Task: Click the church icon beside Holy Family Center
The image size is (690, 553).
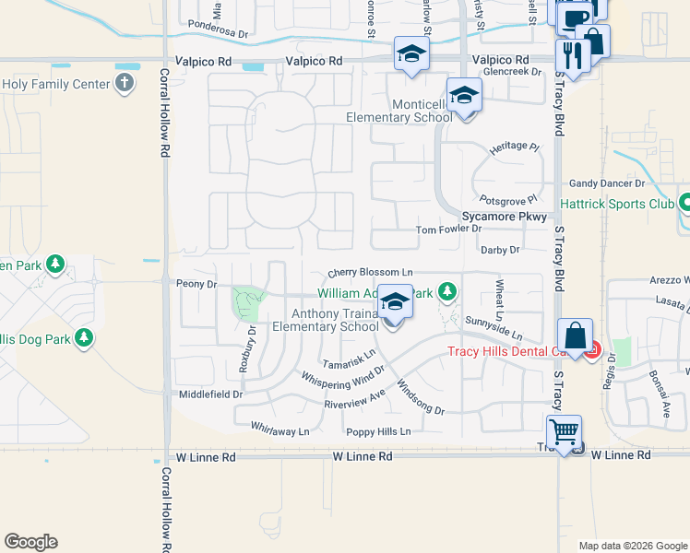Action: click(124, 84)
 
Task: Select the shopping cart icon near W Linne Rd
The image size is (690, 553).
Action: click(563, 431)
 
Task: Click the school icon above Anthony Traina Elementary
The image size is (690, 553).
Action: click(395, 303)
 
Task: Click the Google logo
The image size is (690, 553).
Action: click(30, 542)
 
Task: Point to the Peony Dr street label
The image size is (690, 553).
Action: click(196, 285)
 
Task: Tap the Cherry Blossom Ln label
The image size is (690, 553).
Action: click(370, 274)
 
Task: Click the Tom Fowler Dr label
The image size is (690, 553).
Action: click(448, 229)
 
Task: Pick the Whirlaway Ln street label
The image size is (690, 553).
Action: click(280, 429)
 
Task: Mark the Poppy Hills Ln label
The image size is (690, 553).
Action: click(377, 431)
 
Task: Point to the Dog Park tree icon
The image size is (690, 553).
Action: click(84, 337)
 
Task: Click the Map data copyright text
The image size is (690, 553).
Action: click(633, 546)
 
